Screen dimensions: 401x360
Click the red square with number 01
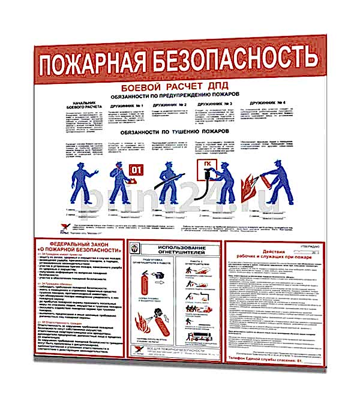(x=137, y=168)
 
